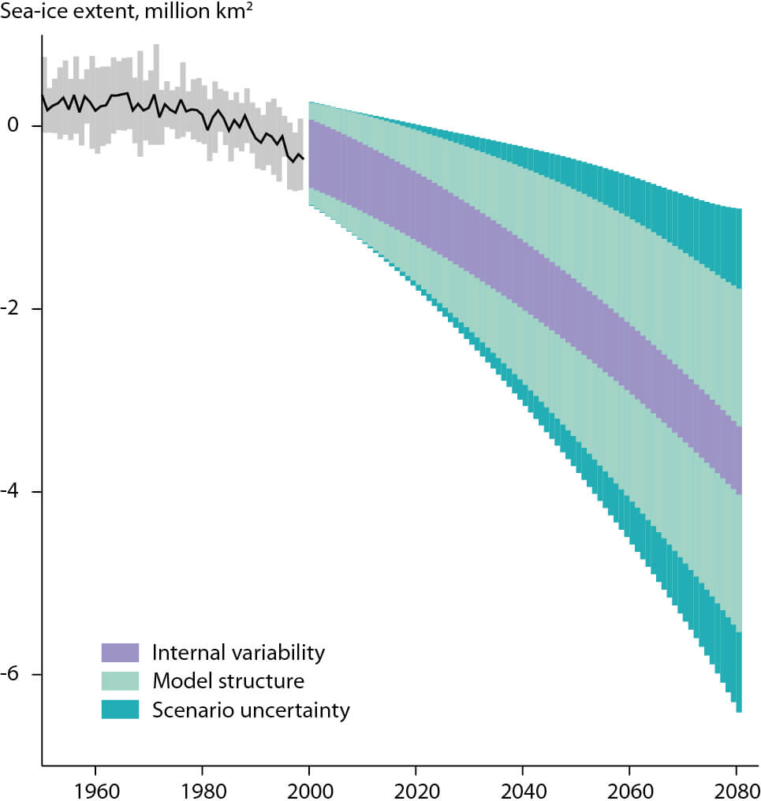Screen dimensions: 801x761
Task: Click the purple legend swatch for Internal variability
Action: (120, 653)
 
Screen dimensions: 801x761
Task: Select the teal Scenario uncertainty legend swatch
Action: (120, 710)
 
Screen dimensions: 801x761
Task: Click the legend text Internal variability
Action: (238, 653)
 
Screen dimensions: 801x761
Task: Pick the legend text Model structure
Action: (228, 681)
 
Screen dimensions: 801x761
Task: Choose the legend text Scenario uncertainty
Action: (251, 710)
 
